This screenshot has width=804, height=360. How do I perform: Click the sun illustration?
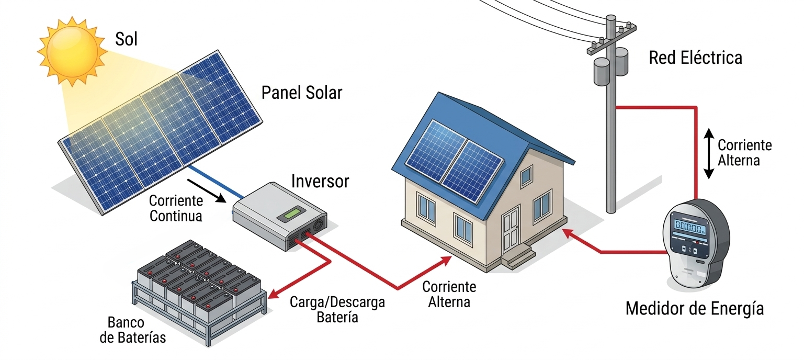tap(72, 50)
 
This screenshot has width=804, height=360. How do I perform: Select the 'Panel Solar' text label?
tap(302, 93)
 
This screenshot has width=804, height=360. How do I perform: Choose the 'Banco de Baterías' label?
tap(132, 330)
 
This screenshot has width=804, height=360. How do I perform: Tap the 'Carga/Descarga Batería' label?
tap(337, 310)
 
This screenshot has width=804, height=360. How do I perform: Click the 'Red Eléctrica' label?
tap(695, 58)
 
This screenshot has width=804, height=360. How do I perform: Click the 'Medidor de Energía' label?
tap(694, 309)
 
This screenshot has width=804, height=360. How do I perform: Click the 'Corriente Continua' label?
tap(176, 208)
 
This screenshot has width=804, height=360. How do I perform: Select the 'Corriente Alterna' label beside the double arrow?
tap(744, 152)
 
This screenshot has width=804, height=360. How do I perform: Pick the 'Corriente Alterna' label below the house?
tap(449, 294)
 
